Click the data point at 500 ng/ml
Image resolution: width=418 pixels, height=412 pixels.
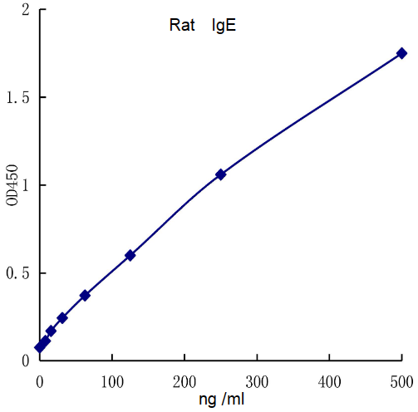point(401,53)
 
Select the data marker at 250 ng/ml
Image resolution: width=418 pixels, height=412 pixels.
point(220,174)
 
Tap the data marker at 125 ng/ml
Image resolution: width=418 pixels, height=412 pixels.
point(130,255)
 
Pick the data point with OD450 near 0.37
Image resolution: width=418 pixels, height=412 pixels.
point(85,295)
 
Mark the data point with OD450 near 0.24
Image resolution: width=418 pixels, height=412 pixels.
point(62,318)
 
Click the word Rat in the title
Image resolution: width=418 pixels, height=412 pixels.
point(182,26)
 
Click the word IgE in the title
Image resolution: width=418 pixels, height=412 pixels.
point(224,26)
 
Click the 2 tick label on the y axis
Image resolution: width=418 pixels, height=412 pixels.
point(25,11)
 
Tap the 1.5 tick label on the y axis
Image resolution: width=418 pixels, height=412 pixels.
point(18,98)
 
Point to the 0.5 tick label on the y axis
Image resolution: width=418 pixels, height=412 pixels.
point(18,273)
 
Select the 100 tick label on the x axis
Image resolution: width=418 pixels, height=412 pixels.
point(112,380)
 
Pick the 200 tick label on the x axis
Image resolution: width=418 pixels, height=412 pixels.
point(184,380)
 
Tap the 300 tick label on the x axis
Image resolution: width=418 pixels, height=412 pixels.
point(257,380)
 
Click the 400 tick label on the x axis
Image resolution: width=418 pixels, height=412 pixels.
point(329,380)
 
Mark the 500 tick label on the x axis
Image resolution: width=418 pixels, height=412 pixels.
point(401,380)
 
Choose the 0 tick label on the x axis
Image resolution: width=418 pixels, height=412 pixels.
point(40,380)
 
